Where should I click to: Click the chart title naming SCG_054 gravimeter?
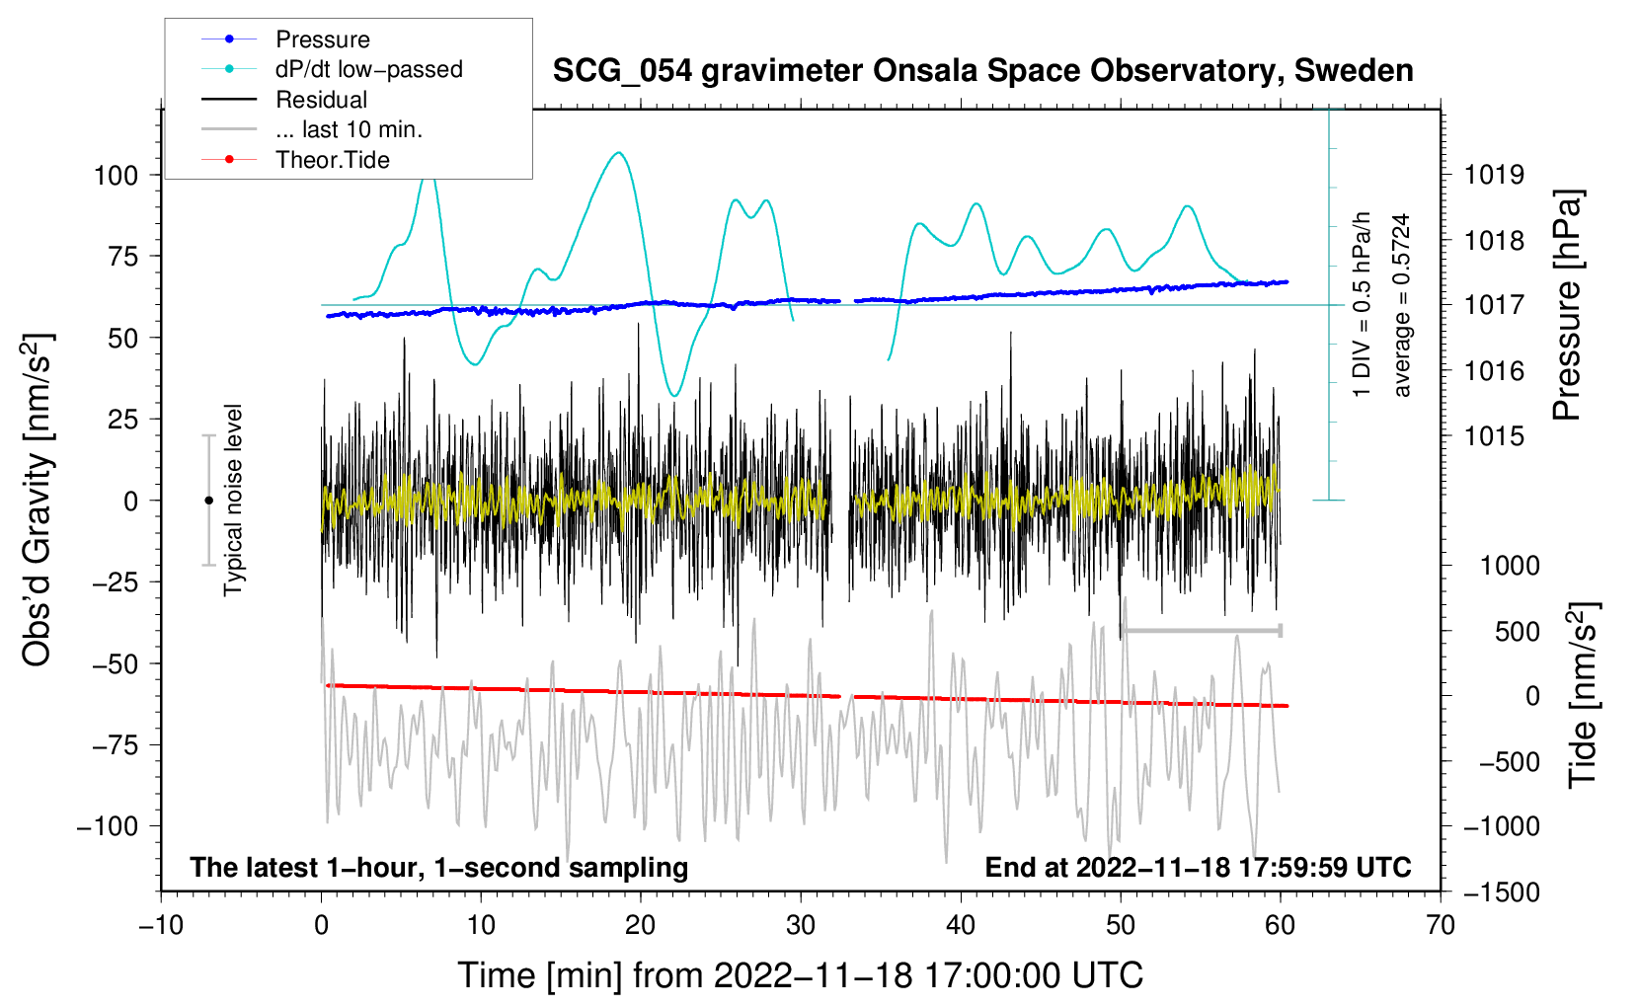click(x=982, y=71)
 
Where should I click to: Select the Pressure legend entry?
click(x=322, y=39)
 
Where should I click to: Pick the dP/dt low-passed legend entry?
click(x=368, y=69)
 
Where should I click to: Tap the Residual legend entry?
click(x=321, y=100)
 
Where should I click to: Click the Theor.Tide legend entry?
click(x=332, y=160)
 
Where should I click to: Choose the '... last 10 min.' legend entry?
click(x=349, y=129)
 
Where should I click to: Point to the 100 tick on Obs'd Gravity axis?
click(x=116, y=176)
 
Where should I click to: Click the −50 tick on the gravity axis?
click(x=115, y=663)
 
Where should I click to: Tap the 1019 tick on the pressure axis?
click(x=1494, y=176)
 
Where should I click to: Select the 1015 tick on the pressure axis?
click(x=1494, y=436)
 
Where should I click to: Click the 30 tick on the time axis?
click(x=801, y=926)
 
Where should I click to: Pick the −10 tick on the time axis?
click(x=161, y=926)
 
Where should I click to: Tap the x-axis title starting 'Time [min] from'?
click(x=801, y=975)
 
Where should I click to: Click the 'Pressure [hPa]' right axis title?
click(x=1567, y=306)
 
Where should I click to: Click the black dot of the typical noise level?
click(x=208, y=501)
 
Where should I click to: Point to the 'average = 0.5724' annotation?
click(x=1402, y=306)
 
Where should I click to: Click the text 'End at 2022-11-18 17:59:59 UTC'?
click(x=1198, y=868)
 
